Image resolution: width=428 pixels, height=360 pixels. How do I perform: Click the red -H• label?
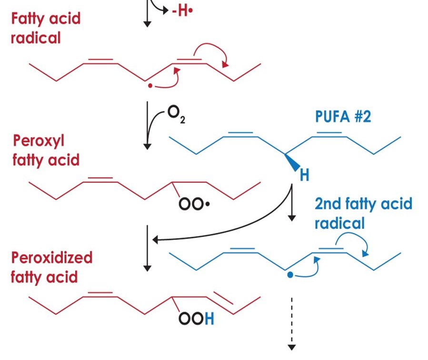click(182, 10)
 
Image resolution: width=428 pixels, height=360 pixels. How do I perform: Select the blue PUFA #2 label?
click(343, 117)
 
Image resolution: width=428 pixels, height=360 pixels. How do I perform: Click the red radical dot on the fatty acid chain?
click(150, 85)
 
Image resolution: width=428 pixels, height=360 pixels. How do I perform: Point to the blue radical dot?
click(290, 275)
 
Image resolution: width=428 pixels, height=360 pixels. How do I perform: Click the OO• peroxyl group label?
click(194, 204)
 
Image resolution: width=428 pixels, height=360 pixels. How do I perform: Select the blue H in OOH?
click(209, 319)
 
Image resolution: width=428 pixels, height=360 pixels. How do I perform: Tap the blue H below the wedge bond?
click(304, 175)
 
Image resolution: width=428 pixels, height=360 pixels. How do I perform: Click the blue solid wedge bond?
click(292, 162)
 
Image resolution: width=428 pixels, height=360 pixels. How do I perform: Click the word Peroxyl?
click(39, 141)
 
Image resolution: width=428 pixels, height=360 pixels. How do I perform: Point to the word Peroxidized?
click(51, 258)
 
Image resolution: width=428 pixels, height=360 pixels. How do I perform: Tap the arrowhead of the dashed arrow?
click(292, 347)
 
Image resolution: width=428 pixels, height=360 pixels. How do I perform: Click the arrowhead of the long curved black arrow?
click(155, 240)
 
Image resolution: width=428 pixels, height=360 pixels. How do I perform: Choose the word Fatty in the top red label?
click(28, 19)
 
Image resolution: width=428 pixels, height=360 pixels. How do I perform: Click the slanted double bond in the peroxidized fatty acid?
click(223, 298)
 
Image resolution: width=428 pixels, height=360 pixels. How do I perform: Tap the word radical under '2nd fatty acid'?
click(339, 223)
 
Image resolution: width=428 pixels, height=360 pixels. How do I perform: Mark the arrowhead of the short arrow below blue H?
click(292, 218)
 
